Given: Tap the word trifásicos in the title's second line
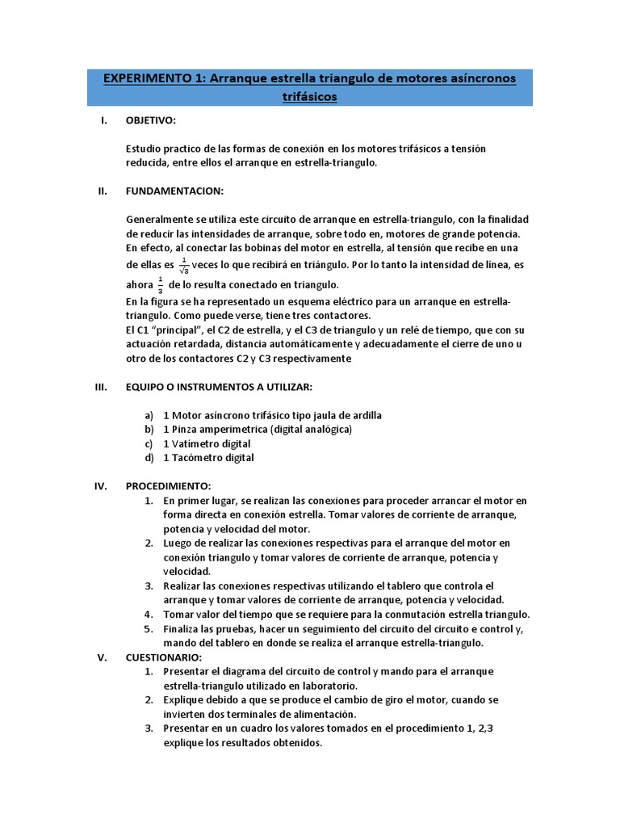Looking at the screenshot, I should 309,98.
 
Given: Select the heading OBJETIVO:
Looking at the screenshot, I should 150,121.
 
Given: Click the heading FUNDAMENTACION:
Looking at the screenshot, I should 174,191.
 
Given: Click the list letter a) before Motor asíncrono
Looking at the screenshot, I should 149,415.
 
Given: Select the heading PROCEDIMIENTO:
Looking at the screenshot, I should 168,486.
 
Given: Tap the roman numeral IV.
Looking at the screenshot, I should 102,486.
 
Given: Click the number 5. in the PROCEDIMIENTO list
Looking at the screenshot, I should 149,628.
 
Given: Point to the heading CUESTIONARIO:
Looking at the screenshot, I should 164,657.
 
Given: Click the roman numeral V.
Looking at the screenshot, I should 102,657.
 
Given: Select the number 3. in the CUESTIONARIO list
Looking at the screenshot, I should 149,728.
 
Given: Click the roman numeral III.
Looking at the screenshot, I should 102,387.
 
